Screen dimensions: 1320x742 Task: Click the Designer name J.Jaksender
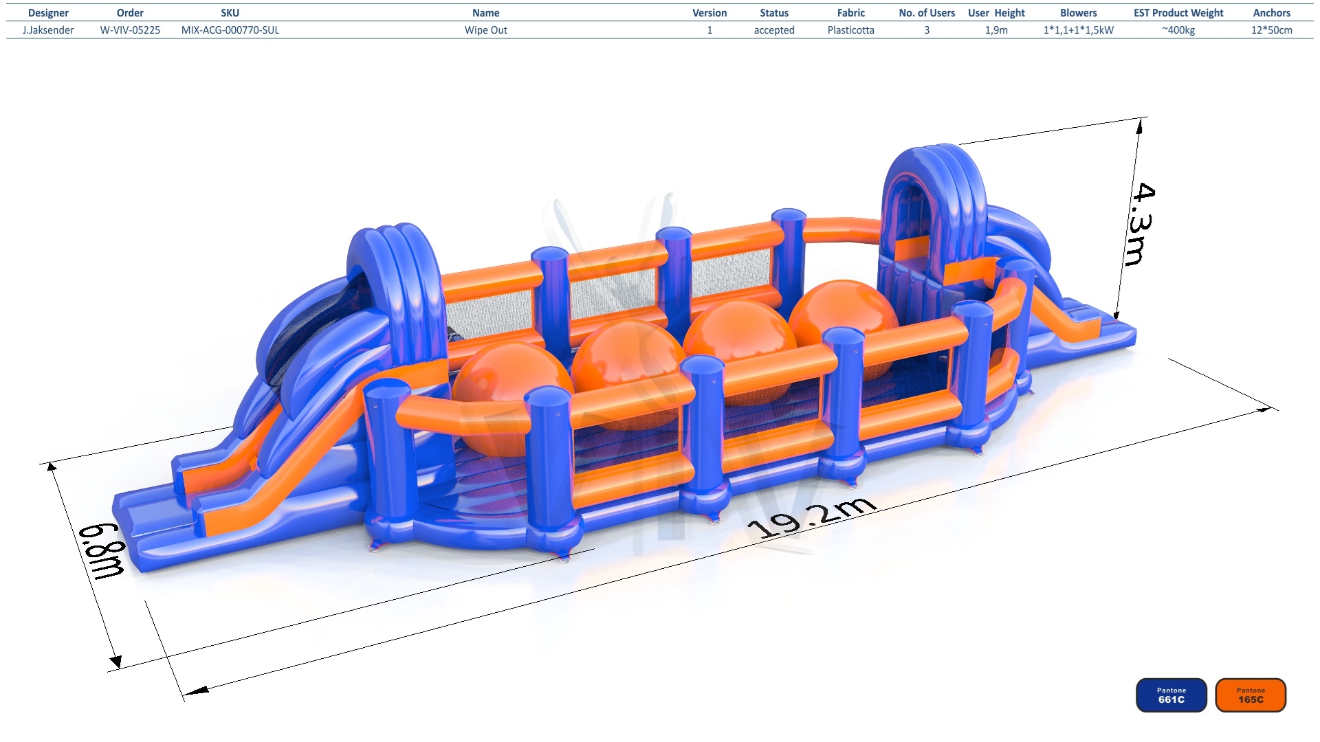(x=48, y=30)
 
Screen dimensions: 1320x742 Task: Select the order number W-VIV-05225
(x=130, y=30)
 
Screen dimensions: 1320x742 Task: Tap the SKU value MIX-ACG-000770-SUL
(x=230, y=30)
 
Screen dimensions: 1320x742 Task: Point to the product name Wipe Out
(x=485, y=30)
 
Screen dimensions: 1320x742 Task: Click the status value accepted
(x=774, y=30)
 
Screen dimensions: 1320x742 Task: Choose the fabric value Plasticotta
(x=850, y=30)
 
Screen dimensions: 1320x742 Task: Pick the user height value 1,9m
(x=996, y=30)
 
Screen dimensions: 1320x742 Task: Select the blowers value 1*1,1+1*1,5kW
(x=1078, y=30)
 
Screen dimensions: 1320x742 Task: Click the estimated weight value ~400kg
(x=1178, y=30)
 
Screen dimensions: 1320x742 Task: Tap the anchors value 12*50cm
(x=1271, y=30)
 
